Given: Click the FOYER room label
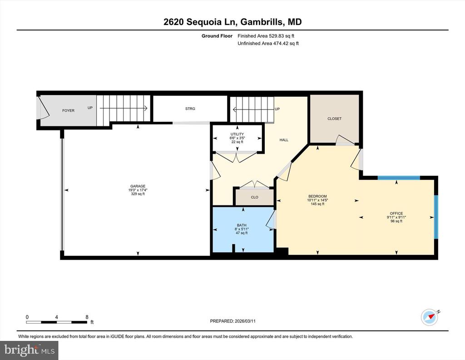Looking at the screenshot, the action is [68, 110].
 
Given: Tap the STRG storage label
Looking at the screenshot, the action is [190, 109].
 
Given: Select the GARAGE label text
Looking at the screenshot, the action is [138, 186].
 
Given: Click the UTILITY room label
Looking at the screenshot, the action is [237, 134].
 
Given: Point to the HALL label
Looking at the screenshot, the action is [284, 140].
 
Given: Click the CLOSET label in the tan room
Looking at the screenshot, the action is [335, 119].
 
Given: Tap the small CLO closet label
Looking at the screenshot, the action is [254, 197].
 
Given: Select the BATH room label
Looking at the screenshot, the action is [242, 225].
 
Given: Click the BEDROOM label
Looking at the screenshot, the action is [317, 196].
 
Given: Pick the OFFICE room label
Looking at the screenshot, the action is [396, 213].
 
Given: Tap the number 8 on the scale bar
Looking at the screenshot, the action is [87, 317].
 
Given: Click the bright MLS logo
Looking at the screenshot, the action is [30, 350].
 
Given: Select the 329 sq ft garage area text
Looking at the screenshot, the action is [138, 194].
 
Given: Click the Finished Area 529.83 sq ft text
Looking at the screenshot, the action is [266, 36].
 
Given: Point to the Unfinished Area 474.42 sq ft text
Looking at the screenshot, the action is [268, 43].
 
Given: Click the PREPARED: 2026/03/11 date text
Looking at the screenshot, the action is [233, 321].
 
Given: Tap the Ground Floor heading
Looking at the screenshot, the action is [217, 36].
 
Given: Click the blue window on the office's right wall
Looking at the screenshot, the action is [436, 217].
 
